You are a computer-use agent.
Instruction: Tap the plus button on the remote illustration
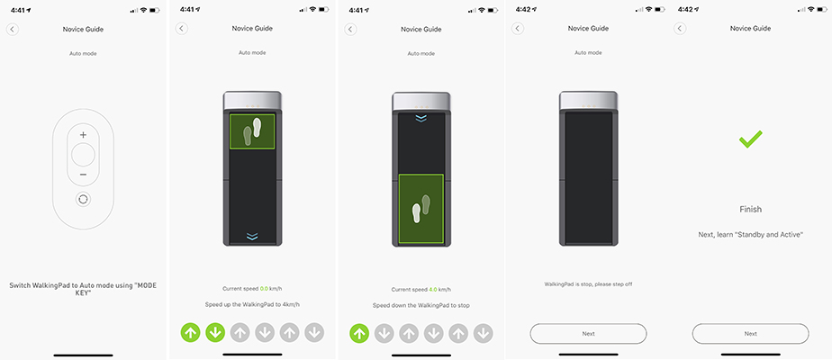coord(84,135)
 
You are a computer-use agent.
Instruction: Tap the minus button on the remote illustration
coord(84,175)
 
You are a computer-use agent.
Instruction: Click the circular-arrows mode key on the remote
coord(84,200)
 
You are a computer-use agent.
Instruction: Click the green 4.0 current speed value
coord(434,290)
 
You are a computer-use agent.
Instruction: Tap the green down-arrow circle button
coord(215,333)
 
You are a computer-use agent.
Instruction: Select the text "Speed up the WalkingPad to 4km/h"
coord(252,305)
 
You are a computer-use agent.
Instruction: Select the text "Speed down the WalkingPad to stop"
coord(421,305)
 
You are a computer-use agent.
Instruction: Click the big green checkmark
coord(750,139)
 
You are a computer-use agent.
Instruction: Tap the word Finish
coord(750,210)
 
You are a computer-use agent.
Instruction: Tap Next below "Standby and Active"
coord(750,334)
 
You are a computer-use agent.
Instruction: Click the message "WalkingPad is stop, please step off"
coord(589,284)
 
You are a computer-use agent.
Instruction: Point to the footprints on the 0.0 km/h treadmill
coord(252,131)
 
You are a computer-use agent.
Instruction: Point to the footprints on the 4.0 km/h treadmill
coord(421,209)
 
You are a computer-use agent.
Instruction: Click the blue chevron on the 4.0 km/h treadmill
coord(421,118)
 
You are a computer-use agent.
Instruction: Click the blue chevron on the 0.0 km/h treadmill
coord(252,237)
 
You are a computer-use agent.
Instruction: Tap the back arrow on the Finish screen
coord(680,29)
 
